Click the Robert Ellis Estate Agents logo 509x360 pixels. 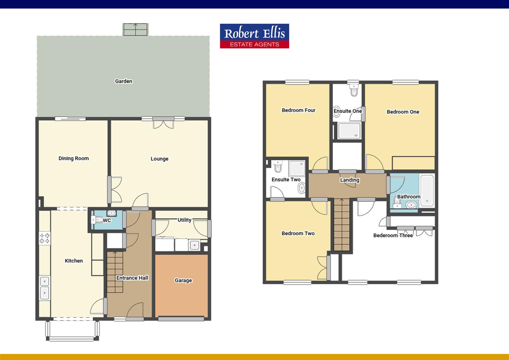(x=254, y=36)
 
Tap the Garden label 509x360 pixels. (x=124, y=81)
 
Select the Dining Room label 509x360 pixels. (x=74, y=158)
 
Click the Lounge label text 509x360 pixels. (x=159, y=159)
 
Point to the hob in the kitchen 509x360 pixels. (x=45, y=238)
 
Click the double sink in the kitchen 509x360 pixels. (x=44, y=288)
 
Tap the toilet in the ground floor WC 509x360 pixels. (x=97, y=220)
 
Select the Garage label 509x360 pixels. (x=183, y=280)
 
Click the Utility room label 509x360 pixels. (x=184, y=220)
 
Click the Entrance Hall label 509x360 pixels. (x=132, y=278)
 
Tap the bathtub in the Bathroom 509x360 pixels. (x=427, y=190)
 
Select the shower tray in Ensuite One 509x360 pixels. (x=349, y=131)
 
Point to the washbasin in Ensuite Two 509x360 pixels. (x=301, y=188)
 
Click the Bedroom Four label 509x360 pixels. (x=298, y=110)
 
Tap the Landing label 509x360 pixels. (x=349, y=180)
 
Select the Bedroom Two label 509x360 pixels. (x=298, y=233)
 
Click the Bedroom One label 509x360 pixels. (x=403, y=112)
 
